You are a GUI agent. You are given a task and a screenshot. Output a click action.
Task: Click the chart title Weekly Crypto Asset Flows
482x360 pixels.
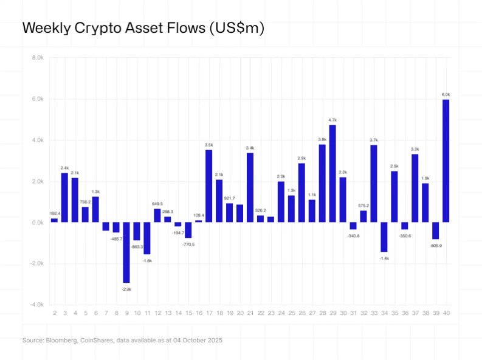click(x=143, y=29)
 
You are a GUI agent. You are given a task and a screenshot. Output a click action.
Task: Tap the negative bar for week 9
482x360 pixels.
click(x=126, y=252)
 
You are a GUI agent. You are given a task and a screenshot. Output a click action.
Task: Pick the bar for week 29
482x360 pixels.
click(x=332, y=173)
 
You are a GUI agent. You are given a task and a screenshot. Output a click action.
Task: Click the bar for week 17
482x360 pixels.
click(x=208, y=185)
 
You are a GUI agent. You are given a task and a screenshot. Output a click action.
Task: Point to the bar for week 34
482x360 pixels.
click(x=384, y=237)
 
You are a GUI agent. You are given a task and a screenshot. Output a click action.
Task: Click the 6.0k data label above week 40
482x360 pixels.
click(x=446, y=94)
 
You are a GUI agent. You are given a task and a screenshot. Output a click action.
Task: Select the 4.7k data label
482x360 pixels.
click(x=332, y=120)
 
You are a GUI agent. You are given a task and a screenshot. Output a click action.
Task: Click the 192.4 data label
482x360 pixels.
click(x=55, y=213)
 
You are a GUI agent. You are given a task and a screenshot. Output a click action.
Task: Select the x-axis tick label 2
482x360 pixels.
click(x=55, y=313)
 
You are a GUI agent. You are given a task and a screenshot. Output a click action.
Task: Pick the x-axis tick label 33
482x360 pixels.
click(x=373, y=313)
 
